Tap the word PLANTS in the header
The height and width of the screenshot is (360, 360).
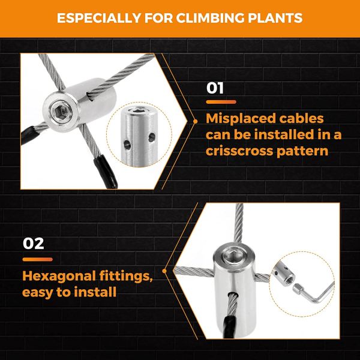[x=275, y=18]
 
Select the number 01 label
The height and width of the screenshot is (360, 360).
[x=215, y=88]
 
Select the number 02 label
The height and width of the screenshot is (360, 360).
[x=33, y=244]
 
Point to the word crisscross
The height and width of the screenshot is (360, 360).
[x=239, y=151]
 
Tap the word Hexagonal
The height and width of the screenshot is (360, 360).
[x=59, y=276]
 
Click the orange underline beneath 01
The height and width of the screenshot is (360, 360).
[x=221, y=102]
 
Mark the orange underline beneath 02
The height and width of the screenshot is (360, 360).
[x=38, y=259]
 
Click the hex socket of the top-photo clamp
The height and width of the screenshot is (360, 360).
[x=62, y=112]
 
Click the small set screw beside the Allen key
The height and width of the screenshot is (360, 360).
[x=297, y=289]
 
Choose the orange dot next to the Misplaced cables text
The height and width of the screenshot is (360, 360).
[x=196, y=121]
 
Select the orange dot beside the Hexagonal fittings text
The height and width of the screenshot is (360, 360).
[x=164, y=271]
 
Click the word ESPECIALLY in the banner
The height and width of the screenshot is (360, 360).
[x=99, y=18]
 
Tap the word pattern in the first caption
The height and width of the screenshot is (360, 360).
[x=302, y=151]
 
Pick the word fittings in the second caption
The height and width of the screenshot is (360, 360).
[x=126, y=276]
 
